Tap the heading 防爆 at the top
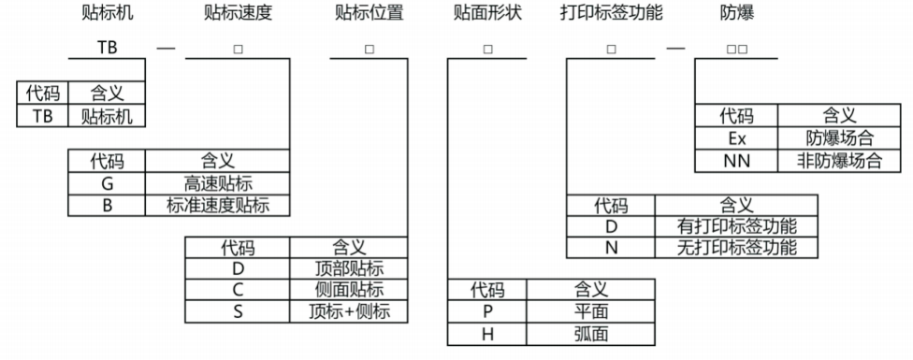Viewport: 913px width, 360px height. pyautogui.click(x=736, y=13)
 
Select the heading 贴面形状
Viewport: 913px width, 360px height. pyautogui.click(x=485, y=13)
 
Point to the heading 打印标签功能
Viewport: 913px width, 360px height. pyautogui.click(x=610, y=13)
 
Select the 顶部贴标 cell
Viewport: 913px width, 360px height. pyautogui.click(x=349, y=269)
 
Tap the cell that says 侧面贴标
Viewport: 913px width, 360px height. pyautogui.click(x=349, y=290)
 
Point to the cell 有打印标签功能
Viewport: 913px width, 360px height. pyautogui.click(x=735, y=226)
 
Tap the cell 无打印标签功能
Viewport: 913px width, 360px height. pyautogui.click(x=735, y=248)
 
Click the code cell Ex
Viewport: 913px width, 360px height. pyautogui.click(x=735, y=138)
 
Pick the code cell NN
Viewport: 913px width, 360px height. pyautogui.click(x=735, y=160)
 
